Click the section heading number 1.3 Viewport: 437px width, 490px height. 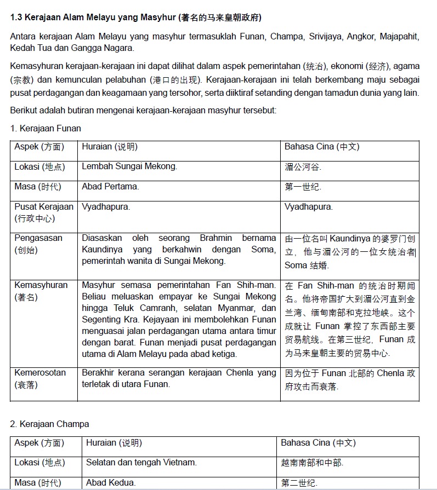point(16,18)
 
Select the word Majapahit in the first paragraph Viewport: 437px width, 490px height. point(400,37)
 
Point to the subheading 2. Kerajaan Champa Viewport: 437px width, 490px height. point(49,424)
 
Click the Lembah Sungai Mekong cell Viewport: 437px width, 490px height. point(129,166)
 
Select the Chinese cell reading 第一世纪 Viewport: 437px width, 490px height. point(302,187)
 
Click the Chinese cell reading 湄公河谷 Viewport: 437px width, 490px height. point(302,167)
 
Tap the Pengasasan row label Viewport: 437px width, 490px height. point(38,238)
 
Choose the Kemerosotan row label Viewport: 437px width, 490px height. point(40,373)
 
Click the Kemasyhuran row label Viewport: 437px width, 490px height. point(41,285)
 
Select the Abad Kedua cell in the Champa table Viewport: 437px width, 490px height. point(111,483)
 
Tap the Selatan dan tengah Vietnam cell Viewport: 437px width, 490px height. point(141,463)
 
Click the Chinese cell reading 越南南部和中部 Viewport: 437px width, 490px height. point(311,463)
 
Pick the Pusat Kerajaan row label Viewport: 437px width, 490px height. point(43,207)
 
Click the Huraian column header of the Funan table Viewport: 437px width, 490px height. point(110,147)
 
